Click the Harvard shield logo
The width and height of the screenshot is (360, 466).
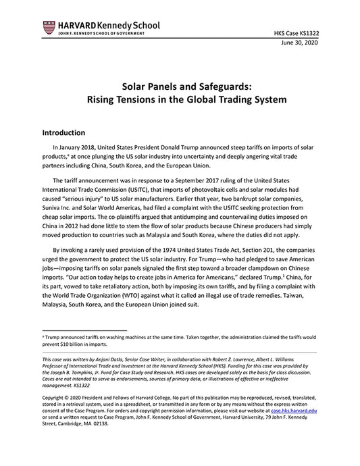coord(48,28)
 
